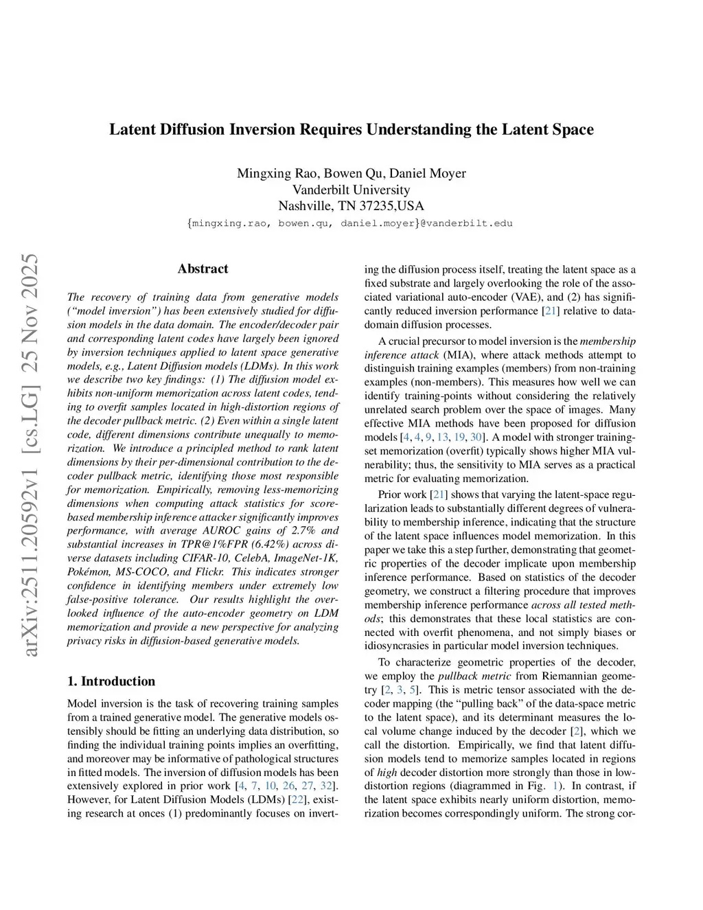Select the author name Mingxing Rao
[x=268, y=173]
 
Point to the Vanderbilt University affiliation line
[x=351, y=190]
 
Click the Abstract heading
[x=203, y=269]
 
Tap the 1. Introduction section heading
[x=111, y=681]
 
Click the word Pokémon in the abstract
[x=87, y=571]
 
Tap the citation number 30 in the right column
[x=476, y=437]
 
